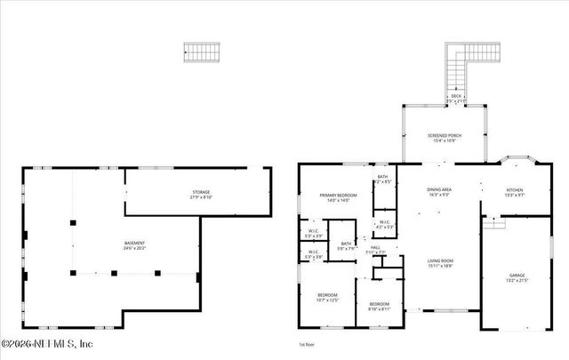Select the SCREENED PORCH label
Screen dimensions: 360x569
445,136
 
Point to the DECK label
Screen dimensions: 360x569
455,96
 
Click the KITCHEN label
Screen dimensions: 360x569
516,189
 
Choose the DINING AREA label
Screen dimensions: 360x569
439,189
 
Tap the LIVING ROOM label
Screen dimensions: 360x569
439,260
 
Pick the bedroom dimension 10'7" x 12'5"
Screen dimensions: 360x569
327,300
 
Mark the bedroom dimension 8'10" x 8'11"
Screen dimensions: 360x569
380,308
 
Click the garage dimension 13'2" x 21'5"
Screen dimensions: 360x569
517,282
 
